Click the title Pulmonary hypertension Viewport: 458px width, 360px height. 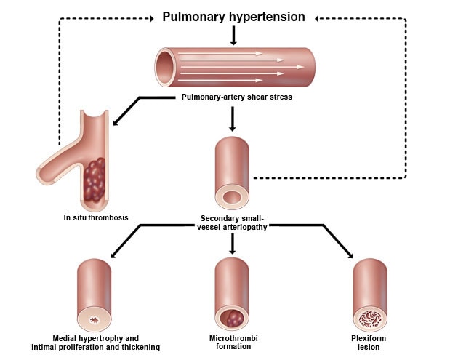233,16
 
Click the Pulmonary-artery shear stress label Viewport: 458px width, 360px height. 233,97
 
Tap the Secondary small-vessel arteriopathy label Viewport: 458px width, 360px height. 233,222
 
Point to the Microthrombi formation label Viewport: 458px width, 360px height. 233,343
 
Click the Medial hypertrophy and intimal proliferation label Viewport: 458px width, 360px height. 96,343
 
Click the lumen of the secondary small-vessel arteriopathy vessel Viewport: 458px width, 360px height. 233,197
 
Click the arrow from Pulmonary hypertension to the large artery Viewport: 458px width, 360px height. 233,36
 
